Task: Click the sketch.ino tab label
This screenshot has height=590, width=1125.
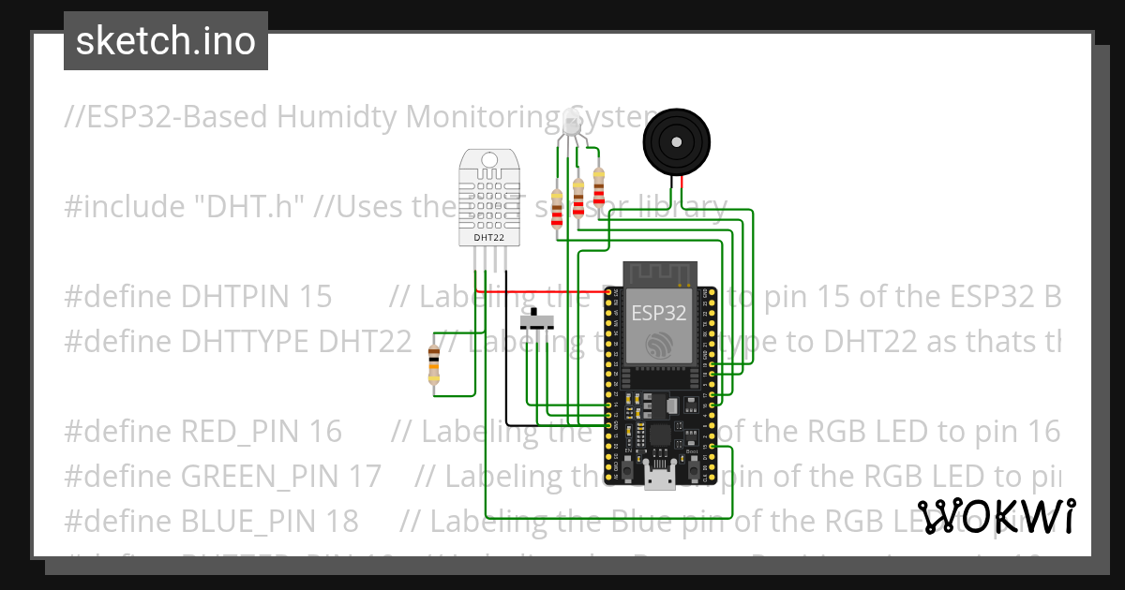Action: click(x=165, y=41)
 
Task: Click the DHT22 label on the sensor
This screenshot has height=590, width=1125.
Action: click(x=489, y=238)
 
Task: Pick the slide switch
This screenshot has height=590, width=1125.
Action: click(x=536, y=319)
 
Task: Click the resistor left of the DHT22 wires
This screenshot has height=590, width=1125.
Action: click(x=433, y=364)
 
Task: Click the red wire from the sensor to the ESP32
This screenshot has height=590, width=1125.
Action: click(x=544, y=292)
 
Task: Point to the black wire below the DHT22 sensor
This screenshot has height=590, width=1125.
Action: click(x=506, y=356)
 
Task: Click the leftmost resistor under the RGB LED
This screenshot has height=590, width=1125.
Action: click(x=558, y=208)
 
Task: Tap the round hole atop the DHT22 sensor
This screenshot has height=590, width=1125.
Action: click(x=489, y=158)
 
